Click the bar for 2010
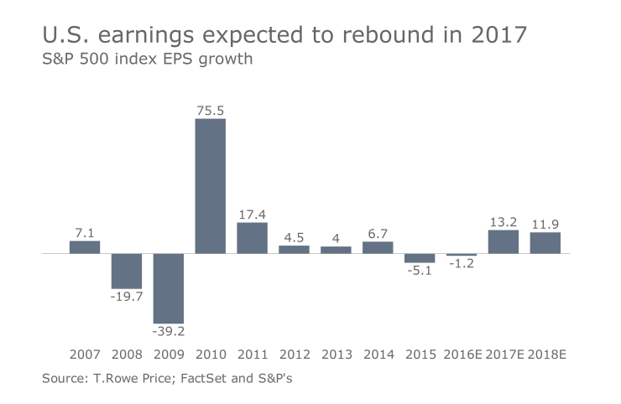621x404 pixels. point(210,185)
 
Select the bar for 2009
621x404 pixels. point(168,287)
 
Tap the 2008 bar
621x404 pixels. point(126,271)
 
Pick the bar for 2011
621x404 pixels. point(252,237)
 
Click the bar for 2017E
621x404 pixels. point(503,241)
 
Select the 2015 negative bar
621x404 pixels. point(420,258)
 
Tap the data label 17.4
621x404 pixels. point(252,214)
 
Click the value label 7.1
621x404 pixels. point(84,232)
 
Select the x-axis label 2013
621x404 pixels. point(336,355)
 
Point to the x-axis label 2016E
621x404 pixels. point(462,355)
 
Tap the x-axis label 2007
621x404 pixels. point(84,355)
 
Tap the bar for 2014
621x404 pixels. point(378,247)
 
